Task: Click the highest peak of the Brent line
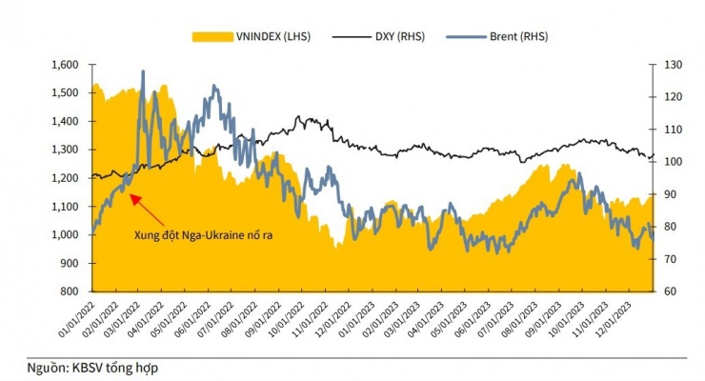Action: point(143,71)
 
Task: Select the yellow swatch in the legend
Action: point(209,36)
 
